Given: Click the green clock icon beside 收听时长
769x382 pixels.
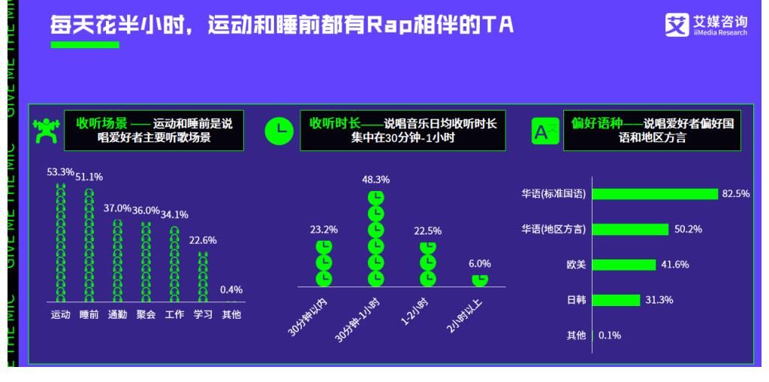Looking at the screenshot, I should tap(279, 131).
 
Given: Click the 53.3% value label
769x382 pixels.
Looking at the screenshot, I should tap(60, 172).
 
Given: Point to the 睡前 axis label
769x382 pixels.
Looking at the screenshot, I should tap(89, 314).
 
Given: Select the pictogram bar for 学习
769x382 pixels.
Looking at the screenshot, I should tap(203, 276).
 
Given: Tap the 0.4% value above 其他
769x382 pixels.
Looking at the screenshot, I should tap(231, 290).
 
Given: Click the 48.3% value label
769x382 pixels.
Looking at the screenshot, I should tap(375, 180).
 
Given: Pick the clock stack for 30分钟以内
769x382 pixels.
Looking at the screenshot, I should tap(324, 263).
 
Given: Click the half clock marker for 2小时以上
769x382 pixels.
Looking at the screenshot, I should tap(480, 280).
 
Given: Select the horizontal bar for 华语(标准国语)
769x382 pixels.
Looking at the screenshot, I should tap(654, 194).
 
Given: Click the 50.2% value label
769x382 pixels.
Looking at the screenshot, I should tap(688, 229).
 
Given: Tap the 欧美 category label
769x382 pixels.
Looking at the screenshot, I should tap(576, 265).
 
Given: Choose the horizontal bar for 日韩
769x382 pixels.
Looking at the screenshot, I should tap(617, 300).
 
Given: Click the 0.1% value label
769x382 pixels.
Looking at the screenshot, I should tap(610, 335).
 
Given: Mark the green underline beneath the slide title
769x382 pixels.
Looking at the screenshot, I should tap(84, 45).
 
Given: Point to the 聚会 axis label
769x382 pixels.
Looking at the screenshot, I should tap(146, 314).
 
